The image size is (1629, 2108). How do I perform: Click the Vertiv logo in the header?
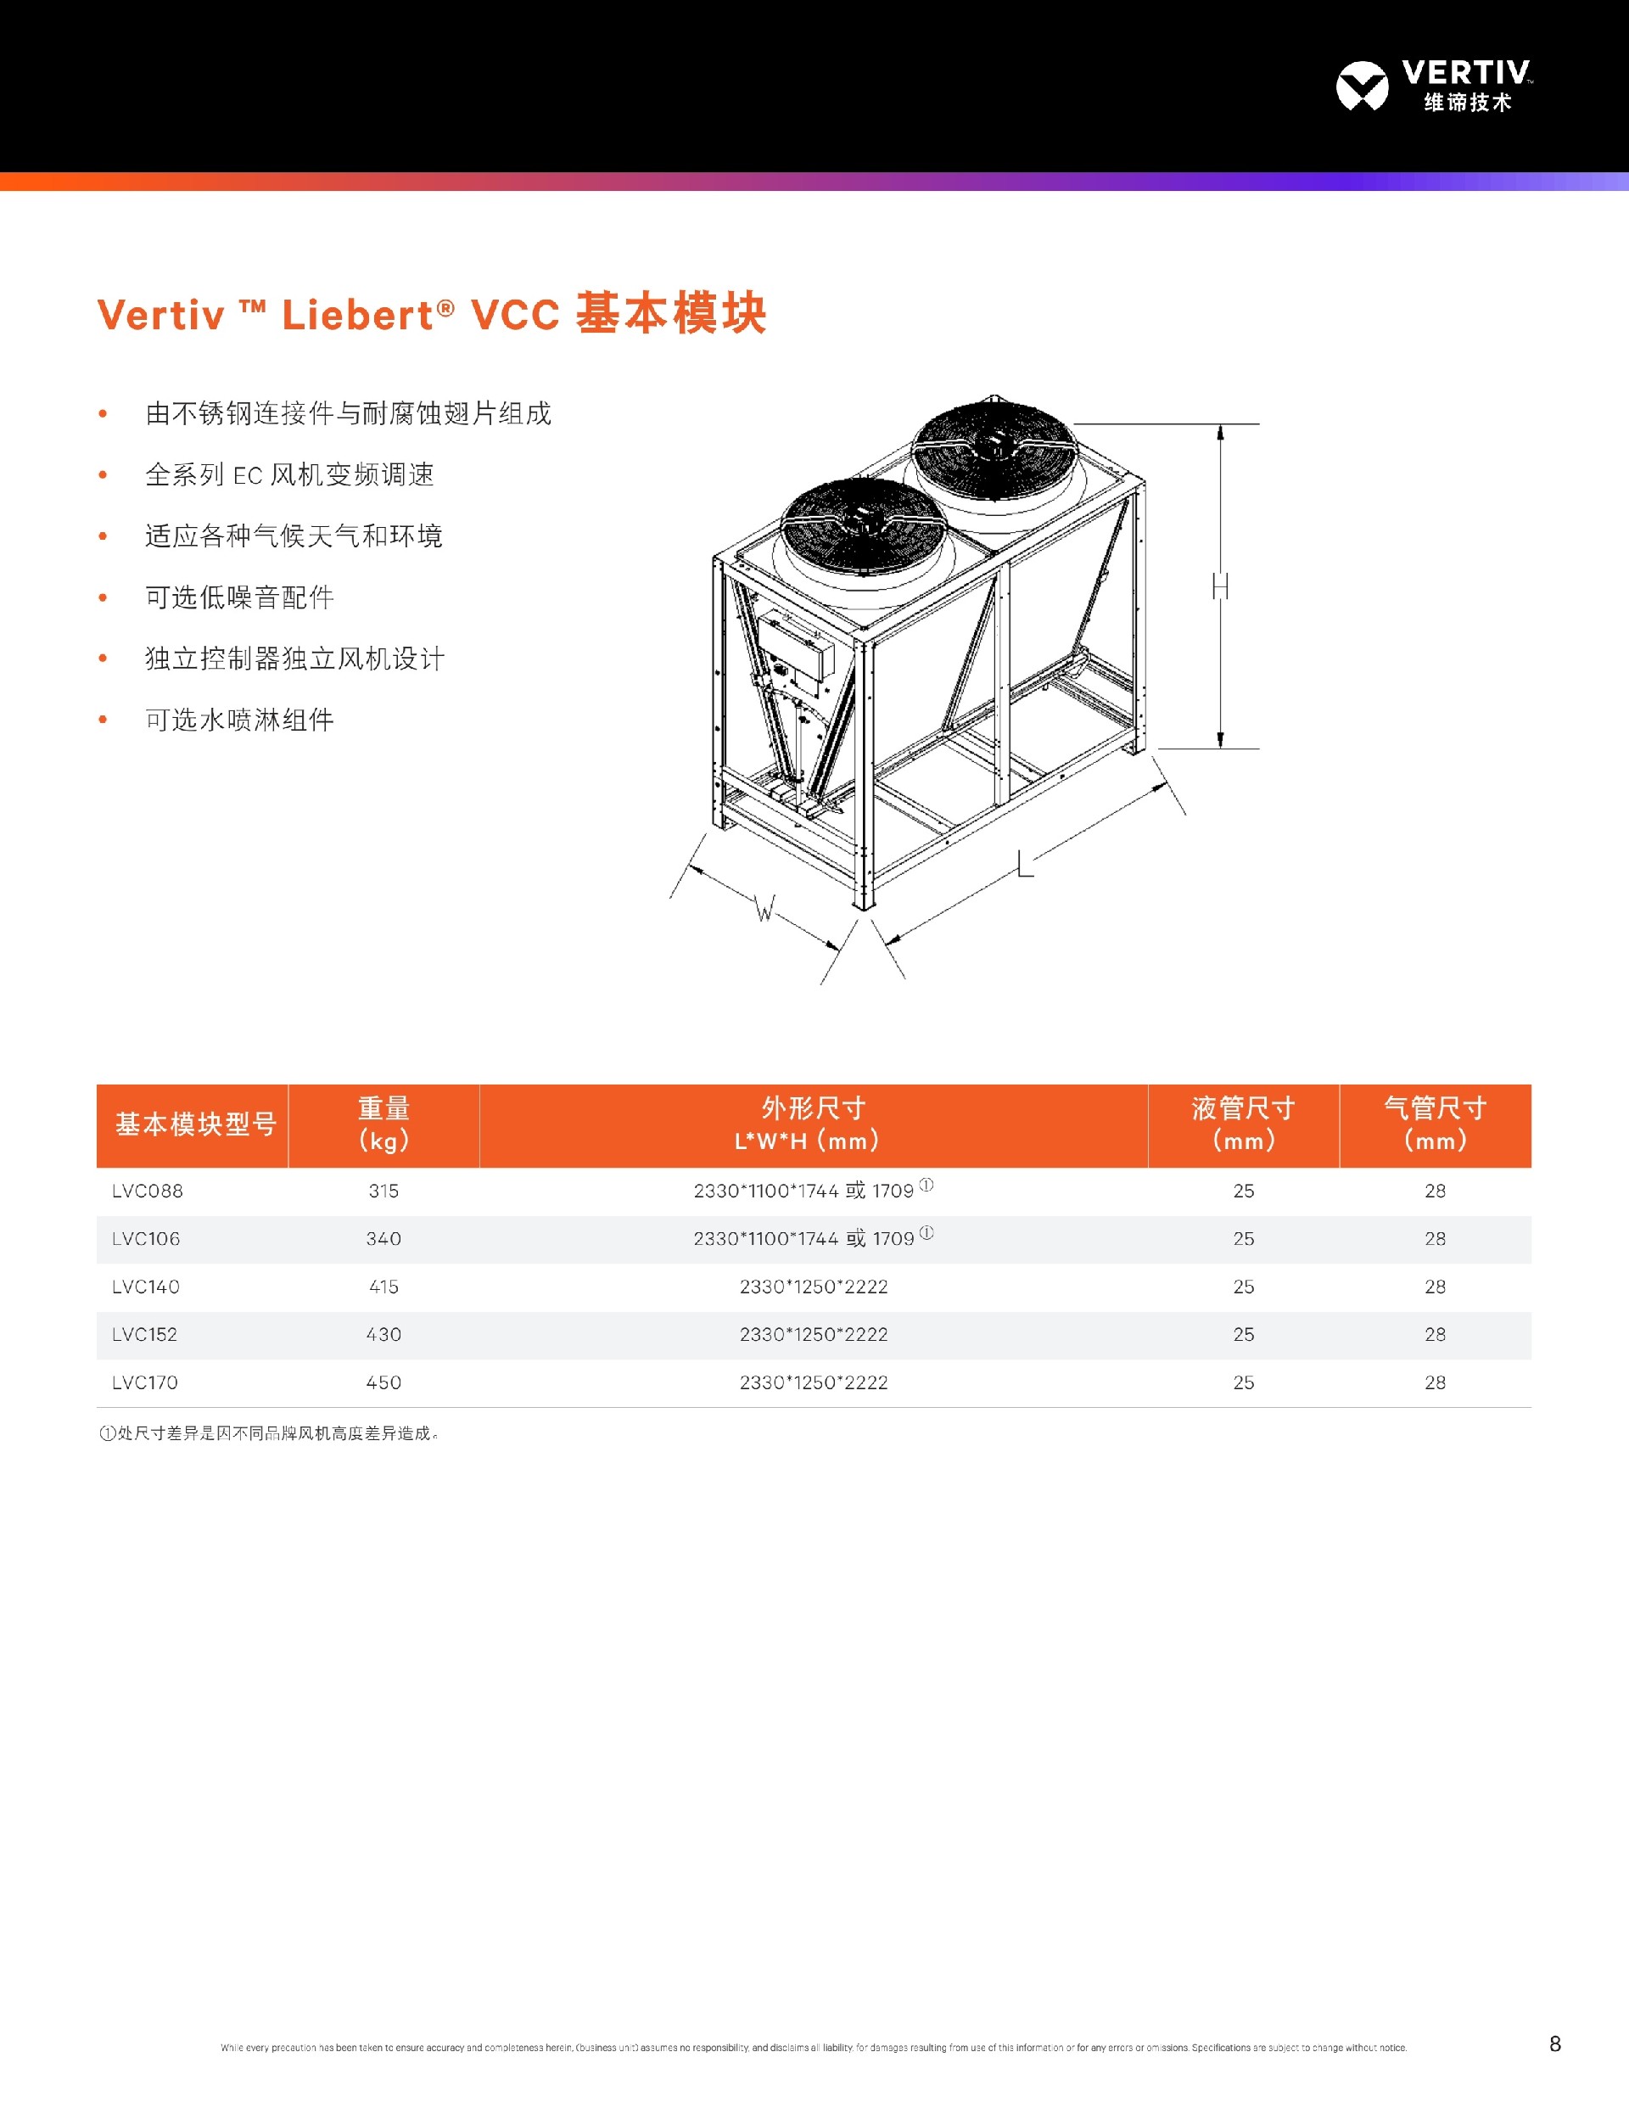point(1433,86)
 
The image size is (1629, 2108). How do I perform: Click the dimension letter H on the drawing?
point(1221,586)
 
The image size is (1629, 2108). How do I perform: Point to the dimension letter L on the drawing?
point(1025,863)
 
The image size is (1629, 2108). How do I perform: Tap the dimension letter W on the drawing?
point(764,908)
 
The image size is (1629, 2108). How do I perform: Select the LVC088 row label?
point(148,1191)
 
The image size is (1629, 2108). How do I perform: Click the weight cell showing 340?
point(383,1238)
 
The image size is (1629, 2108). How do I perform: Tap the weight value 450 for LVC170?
point(383,1382)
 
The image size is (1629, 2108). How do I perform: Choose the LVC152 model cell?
point(145,1334)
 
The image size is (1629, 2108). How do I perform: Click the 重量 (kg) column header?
point(383,1124)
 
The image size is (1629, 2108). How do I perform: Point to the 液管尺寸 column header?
point(1243,1124)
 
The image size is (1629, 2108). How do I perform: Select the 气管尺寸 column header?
point(1434,1124)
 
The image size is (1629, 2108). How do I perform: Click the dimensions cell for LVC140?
point(814,1287)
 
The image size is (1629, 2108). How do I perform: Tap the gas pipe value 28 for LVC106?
point(1435,1238)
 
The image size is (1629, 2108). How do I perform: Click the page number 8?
point(1554,2044)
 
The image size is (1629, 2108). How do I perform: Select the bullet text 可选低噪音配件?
point(239,597)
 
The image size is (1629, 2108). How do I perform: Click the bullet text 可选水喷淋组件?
point(239,720)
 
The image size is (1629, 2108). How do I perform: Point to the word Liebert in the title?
point(358,316)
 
